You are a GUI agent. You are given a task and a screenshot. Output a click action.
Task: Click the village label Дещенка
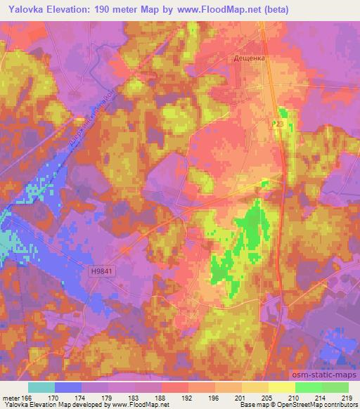249,60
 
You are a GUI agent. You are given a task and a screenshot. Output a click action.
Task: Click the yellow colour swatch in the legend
281,387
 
